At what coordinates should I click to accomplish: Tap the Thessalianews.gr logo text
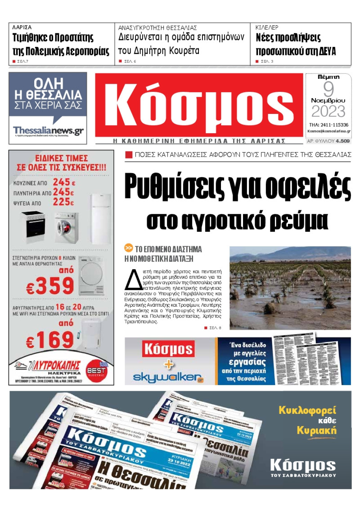coord(48,131)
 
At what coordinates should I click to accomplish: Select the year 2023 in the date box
coord(328,111)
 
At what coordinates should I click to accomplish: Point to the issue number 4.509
coord(342,141)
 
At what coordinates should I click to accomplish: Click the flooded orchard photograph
coord(290,288)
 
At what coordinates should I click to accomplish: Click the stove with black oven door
coord(33,227)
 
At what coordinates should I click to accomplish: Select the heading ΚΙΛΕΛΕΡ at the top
coord(267,27)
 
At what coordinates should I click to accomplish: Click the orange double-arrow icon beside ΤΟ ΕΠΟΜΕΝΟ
coord(129,249)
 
